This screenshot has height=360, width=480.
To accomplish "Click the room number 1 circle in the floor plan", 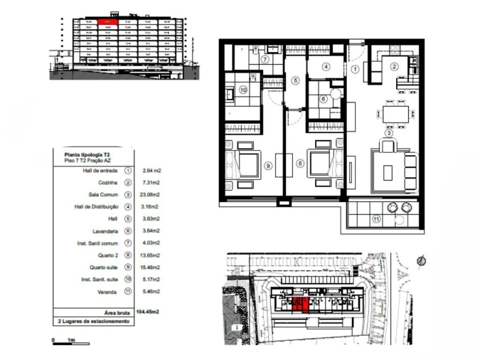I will [356, 69].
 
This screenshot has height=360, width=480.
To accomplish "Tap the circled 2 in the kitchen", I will [393, 66].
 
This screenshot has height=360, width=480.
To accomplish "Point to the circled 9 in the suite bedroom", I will [268, 165].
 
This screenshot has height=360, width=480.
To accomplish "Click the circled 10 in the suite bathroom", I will [242, 90].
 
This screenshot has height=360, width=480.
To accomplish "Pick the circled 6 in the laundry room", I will [324, 99].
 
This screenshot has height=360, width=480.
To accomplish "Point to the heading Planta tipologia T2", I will [87, 154].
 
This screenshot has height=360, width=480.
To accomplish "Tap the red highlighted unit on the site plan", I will [299, 305].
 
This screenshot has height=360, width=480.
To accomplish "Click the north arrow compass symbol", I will [422, 260].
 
